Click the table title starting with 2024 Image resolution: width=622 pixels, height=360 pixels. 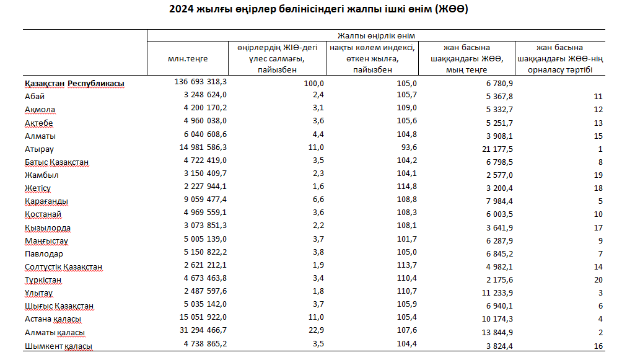(x=318, y=9)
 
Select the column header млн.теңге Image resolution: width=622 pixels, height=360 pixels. (x=188, y=59)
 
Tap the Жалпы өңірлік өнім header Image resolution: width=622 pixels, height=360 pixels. (x=376, y=36)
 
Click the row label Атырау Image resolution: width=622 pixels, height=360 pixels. (x=39, y=149)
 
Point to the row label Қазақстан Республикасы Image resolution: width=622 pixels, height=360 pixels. (x=74, y=84)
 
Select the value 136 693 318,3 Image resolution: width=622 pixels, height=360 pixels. (x=201, y=82)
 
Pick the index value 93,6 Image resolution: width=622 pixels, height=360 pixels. (x=409, y=147)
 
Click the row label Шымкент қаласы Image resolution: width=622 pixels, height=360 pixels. (x=58, y=346)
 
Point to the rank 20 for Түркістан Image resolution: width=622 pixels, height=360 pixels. (x=598, y=280)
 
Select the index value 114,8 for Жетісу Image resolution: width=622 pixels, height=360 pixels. (x=407, y=186)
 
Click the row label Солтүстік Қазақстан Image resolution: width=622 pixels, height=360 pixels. (x=63, y=267)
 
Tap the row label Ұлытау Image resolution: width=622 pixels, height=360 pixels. (x=38, y=293)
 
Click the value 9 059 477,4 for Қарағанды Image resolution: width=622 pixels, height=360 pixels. (x=205, y=200)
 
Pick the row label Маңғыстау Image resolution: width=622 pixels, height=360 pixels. (x=46, y=241)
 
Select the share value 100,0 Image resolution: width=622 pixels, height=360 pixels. (x=314, y=84)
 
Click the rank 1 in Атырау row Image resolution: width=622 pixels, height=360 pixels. (x=600, y=149)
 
